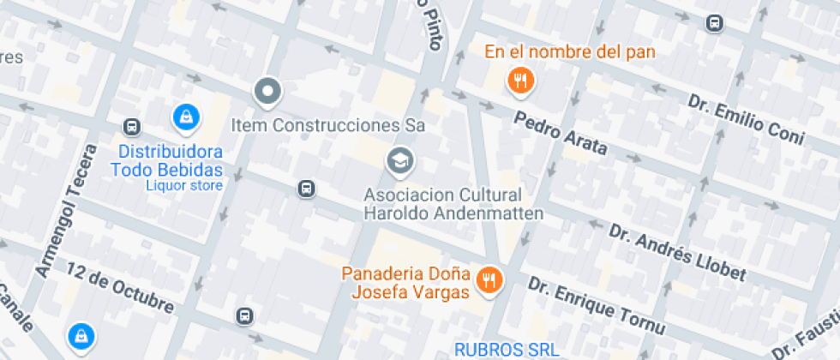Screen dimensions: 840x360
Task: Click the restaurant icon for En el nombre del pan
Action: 520,82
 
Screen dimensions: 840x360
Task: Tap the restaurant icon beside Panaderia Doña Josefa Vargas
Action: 489,279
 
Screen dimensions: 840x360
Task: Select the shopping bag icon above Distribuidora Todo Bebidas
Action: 184,117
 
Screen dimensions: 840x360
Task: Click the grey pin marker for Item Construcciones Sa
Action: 267,91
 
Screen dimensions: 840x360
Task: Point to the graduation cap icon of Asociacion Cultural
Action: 399,159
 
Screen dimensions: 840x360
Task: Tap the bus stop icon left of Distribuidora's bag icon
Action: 132,127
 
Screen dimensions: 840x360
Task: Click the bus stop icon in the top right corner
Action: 713,23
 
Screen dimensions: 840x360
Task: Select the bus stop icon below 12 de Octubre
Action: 245,316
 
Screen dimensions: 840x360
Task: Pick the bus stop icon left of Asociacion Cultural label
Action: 306,189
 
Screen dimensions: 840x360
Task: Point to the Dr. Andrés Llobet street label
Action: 677,252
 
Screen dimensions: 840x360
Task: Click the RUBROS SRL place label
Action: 506,350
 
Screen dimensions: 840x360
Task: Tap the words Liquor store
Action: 184,185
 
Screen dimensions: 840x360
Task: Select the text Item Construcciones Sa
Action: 328,125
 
